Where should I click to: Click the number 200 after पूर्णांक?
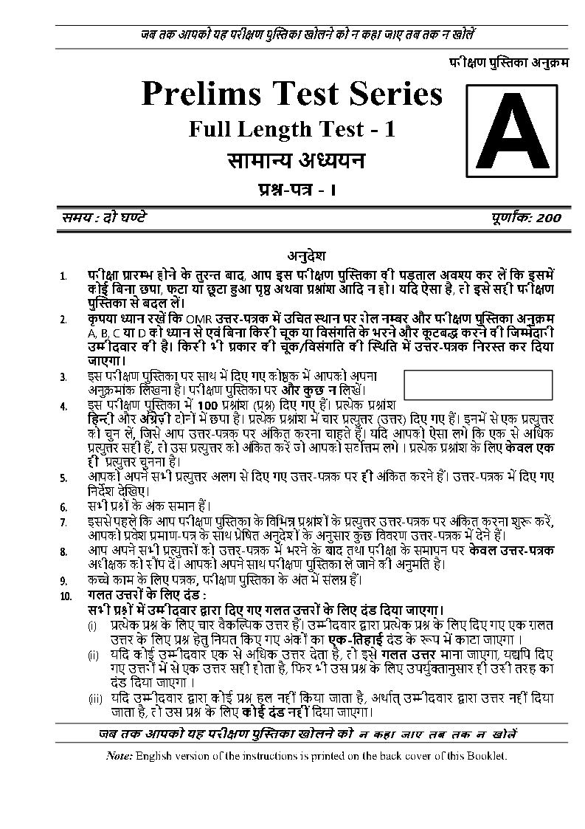point(550,218)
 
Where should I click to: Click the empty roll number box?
point(478,384)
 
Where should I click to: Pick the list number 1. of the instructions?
point(65,277)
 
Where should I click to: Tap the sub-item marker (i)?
point(92,626)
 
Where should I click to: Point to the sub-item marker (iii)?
point(95,698)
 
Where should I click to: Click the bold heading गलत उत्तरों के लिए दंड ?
point(148,595)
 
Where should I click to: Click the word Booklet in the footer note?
point(488,756)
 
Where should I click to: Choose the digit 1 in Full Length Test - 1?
point(390,129)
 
